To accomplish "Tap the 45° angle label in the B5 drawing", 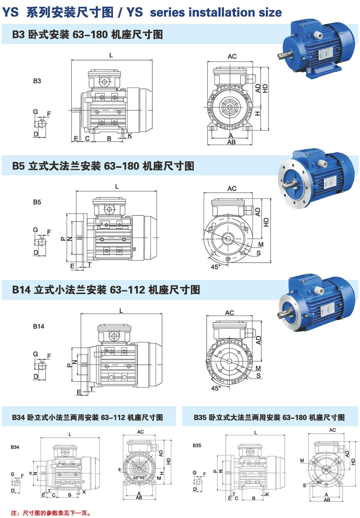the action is pos(215,267).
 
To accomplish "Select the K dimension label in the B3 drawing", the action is pos(130,136).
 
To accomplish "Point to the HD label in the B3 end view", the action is pos(265,88).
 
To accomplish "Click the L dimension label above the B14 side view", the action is pos(121,311).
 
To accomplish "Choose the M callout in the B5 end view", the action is pos(261,245).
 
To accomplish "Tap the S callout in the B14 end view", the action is pos(258,376).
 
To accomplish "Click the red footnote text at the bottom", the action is pos(51,513).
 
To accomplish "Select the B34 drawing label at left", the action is pos(15,447).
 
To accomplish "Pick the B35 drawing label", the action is pos(197,445).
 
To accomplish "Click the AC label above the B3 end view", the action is pos(232,56).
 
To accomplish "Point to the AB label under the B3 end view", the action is pos(231,142).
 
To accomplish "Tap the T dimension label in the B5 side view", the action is pos(89,264).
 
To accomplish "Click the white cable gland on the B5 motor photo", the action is pos(322,164).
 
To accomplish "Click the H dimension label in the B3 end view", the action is pos(258,114).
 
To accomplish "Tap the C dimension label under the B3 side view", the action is pos(87,138).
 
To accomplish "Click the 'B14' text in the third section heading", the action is pos(21,290).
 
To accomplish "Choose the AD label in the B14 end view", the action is pos(258,340).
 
